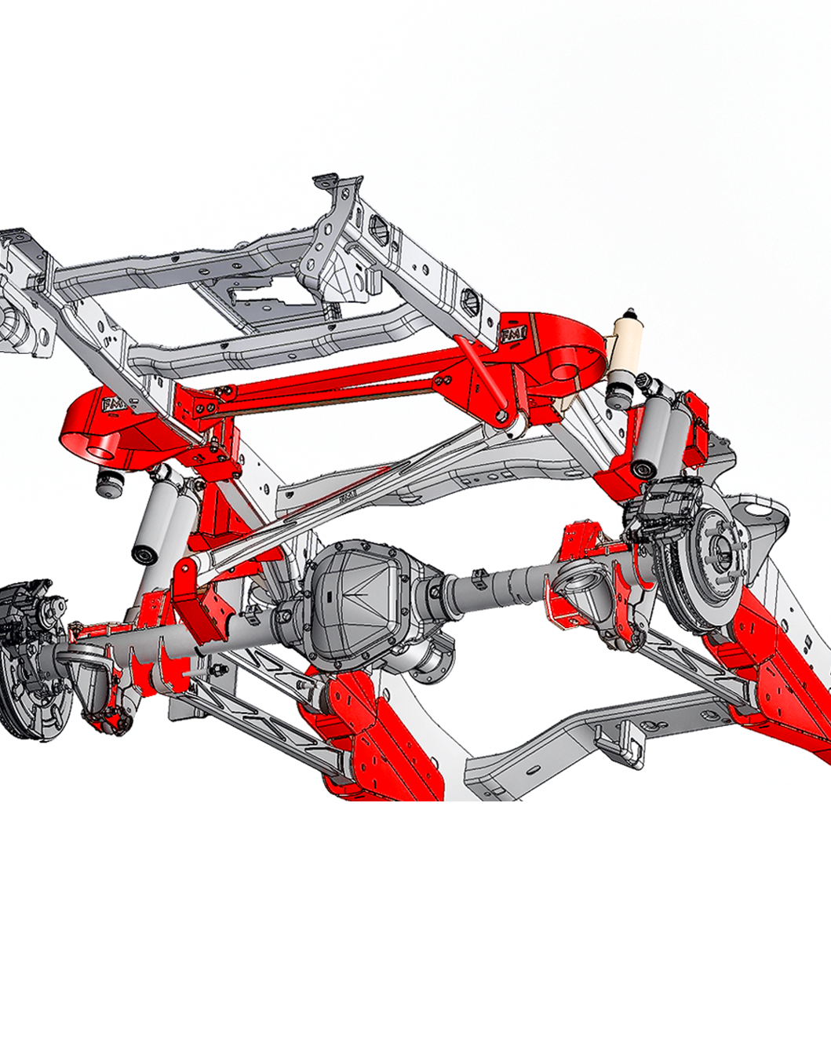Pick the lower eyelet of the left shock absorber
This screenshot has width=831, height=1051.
click(144, 556)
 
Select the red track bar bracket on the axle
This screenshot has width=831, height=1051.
click(192, 597)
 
